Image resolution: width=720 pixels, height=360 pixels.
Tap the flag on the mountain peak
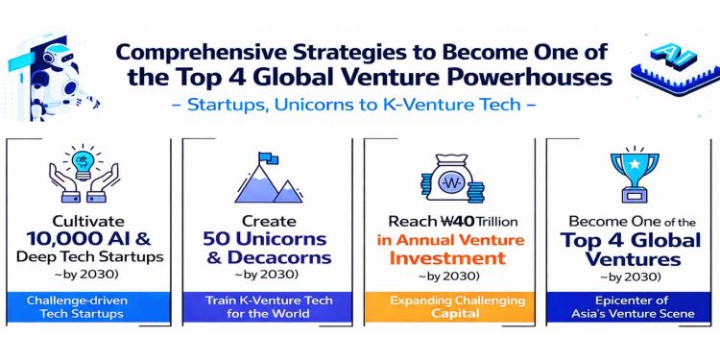(x=268, y=158)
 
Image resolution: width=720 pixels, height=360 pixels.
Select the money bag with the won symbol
(x=452, y=179)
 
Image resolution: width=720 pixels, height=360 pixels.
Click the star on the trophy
(x=635, y=162)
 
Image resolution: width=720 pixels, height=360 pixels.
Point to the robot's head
(x=56, y=57)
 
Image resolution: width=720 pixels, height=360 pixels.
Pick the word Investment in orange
(x=447, y=257)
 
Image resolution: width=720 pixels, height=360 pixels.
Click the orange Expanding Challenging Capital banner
(x=449, y=307)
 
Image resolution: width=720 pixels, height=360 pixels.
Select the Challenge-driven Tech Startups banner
(x=88, y=307)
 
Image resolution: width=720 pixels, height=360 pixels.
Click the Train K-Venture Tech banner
(x=267, y=307)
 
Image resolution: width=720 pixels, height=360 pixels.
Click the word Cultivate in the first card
(x=88, y=222)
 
